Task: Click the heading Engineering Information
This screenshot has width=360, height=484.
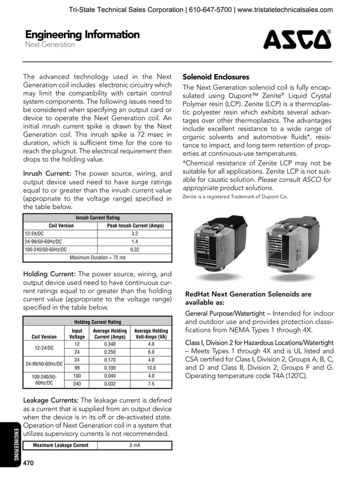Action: pos(82,34)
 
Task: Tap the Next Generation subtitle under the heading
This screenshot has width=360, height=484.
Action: pos(50,45)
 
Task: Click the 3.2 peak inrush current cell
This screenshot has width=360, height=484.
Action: pos(134,233)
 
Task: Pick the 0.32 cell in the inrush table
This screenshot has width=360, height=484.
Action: pos(134,248)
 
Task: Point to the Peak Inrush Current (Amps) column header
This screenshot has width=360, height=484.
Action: pos(134,225)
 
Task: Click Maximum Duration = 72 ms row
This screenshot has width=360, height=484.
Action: pos(97,257)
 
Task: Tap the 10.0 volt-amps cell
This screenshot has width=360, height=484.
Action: pos(151,368)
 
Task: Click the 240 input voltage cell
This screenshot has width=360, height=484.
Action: pos(77,384)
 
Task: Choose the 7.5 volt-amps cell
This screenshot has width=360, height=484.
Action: pos(151,384)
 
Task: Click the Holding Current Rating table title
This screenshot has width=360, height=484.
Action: pos(97,322)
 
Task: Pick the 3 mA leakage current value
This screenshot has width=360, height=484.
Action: pos(134,445)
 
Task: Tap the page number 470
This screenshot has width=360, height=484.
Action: pos(28,463)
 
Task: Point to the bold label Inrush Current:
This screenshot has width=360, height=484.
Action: pos(47,173)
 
